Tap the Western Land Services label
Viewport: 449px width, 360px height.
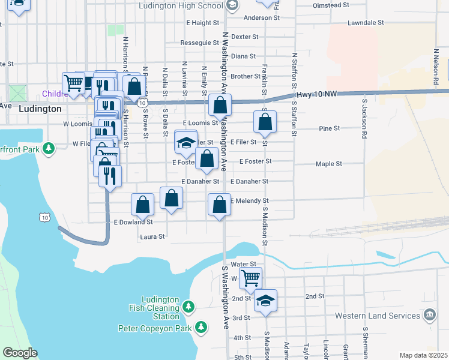(x=377, y=316)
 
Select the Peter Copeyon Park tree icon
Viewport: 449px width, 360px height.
(x=202, y=328)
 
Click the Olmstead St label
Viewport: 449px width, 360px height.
(x=331, y=5)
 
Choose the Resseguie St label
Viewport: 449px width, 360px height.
(x=200, y=43)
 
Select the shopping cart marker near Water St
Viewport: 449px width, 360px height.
(x=250, y=278)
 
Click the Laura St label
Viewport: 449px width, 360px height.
(x=152, y=237)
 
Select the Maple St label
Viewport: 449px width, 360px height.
(x=329, y=164)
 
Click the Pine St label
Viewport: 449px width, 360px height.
(x=330, y=128)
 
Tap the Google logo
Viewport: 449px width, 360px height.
(x=20, y=353)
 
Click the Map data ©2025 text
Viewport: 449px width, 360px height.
(x=423, y=355)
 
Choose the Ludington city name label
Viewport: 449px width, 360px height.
(x=40, y=109)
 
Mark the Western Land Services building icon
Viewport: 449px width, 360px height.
(x=430, y=315)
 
